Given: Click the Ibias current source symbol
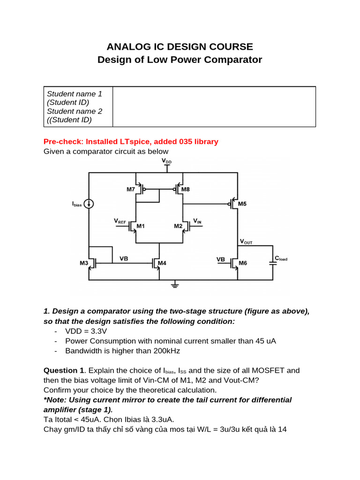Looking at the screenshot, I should tap(89, 203).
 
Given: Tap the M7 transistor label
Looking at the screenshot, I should tap(130, 189).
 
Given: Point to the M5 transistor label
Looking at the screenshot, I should tap(242, 204).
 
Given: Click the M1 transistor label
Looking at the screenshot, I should tap(140, 226).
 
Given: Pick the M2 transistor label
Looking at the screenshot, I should tap(178, 226).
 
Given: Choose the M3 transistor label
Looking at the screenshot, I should tap(84, 263).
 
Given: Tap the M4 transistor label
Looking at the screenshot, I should tap(162, 263).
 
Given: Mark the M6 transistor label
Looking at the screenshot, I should tap(242, 263).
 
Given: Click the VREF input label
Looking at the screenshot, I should tap(120, 220).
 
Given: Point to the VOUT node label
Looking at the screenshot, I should tap(246, 242).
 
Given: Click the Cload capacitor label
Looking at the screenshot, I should tap(281, 258).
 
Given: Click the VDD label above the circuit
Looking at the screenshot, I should tap(166, 161).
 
